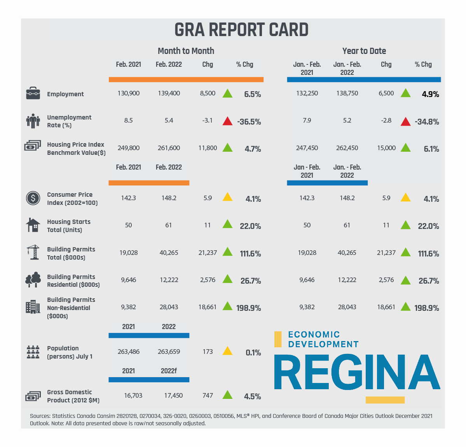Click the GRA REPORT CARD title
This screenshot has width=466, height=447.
click(241, 30)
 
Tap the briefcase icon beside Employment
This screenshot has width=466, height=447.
click(33, 94)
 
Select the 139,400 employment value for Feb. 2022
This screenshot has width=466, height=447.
click(169, 94)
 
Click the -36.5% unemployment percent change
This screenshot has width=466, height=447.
click(249, 122)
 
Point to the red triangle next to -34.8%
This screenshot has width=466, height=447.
click(405, 121)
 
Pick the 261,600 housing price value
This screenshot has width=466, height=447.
click(169, 148)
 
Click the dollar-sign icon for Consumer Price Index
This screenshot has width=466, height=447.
click(33, 198)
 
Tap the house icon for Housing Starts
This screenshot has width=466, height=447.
click(33, 225)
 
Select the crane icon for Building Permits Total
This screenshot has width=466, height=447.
click(33, 253)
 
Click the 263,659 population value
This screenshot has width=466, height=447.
click(169, 352)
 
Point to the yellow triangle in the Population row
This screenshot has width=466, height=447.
click(227, 351)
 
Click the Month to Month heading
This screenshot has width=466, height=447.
click(186, 51)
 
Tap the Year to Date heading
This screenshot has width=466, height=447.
click(364, 51)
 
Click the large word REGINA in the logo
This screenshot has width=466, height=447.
click(357, 372)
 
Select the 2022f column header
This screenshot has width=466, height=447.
click(169, 371)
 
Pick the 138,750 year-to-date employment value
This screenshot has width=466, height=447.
click(347, 94)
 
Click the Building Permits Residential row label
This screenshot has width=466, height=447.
click(73, 281)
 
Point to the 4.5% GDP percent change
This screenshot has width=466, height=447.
click(252, 397)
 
